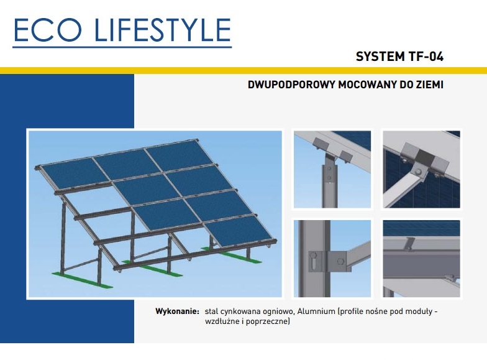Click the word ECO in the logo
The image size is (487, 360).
click(x=47, y=30)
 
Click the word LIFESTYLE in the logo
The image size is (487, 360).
click(x=163, y=30)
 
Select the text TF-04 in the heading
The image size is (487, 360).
click(x=426, y=57)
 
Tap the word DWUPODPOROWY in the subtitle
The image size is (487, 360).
click(x=291, y=85)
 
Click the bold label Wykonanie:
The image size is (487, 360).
click(x=177, y=311)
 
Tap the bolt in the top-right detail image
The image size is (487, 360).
click(x=418, y=172)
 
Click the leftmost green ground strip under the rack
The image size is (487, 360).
click(x=82, y=279)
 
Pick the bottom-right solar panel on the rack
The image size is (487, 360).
click(x=239, y=229)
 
